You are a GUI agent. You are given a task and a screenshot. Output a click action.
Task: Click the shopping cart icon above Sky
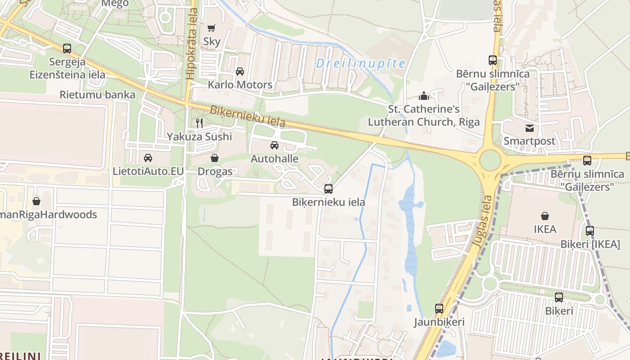pyautogui.click(x=211, y=28)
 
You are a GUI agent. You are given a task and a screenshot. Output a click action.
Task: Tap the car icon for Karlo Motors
pyautogui.click(x=240, y=71)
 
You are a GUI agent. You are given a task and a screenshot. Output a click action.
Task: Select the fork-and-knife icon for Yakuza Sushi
pyautogui.click(x=199, y=123)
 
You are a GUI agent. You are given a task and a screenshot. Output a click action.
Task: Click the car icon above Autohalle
pyautogui.click(x=274, y=145)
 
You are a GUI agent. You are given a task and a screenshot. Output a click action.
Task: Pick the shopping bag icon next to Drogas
pyautogui.click(x=215, y=158)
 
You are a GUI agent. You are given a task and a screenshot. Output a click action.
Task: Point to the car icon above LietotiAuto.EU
pyautogui.click(x=148, y=157)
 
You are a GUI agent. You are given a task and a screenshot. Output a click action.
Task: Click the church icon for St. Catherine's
pyautogui.click(x=423, y=96)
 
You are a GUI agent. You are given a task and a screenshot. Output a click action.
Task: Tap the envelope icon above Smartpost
pyautogui.click(x=529, y=128)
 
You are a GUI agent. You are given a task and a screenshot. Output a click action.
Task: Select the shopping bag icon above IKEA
pyautogui.click(x=545, y=216)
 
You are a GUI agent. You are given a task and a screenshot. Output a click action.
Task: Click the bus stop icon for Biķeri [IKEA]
pyautogui.click(x=590, y=231)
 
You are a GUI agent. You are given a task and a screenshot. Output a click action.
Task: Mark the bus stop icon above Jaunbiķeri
pyautogui.click(x=439, y=309)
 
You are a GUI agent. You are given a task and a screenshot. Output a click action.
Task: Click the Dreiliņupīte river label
pyautogui.click(x=360, y=63)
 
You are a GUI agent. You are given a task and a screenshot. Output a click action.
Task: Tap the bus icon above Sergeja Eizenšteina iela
pyautogui.click(x=67, y=49)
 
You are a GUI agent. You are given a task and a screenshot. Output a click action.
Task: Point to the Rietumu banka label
pyautogui.click(x=98, y=94)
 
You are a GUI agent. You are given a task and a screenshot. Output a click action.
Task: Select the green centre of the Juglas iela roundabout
pyautogui.click(x=490, y=160)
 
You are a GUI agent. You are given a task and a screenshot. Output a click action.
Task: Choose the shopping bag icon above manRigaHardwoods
pyautogui.click(x=36, y=201)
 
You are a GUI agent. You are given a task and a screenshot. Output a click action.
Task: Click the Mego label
pyautogui.click(x=115, y=4)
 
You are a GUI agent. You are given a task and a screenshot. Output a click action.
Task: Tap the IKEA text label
pyautogui.click(x=545, y=229)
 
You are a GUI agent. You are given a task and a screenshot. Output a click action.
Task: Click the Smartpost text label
pyautogui.click(x=529, y=141)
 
